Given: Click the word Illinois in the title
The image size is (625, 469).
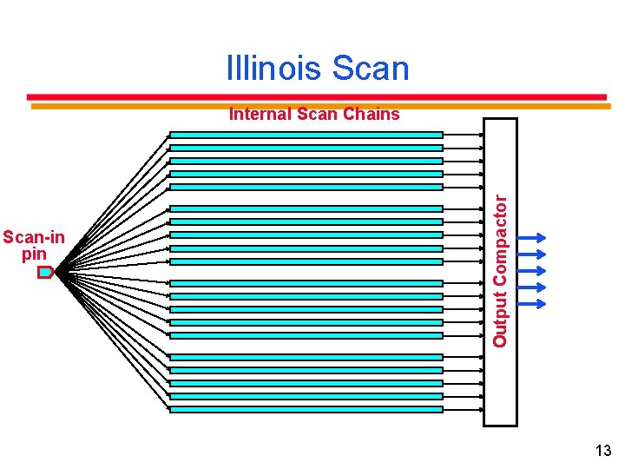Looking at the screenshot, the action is (274, 69).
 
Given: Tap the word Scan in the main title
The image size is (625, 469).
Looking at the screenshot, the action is (370, 69).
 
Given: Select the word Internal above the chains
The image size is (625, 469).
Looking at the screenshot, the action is (260, 114).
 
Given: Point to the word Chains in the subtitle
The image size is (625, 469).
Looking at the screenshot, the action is (371, 114).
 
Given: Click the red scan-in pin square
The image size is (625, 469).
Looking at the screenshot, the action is (45, 272).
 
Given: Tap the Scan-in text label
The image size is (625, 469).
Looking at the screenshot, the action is (34, 236).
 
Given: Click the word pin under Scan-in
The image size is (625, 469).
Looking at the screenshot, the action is (34, 254).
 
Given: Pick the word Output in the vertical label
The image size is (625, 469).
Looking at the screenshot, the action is (500, 320).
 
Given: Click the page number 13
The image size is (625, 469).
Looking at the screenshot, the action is (603, 450).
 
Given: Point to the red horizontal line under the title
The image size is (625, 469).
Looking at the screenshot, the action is (317, 96).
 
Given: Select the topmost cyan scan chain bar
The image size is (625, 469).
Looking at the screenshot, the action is (306, 135).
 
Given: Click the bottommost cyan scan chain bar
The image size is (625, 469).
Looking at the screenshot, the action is (306, 409).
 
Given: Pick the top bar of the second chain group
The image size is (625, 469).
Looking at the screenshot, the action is (306, 208).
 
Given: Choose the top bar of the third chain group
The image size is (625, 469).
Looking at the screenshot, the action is (306, 282).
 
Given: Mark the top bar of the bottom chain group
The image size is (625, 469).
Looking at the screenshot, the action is (306, 356).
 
